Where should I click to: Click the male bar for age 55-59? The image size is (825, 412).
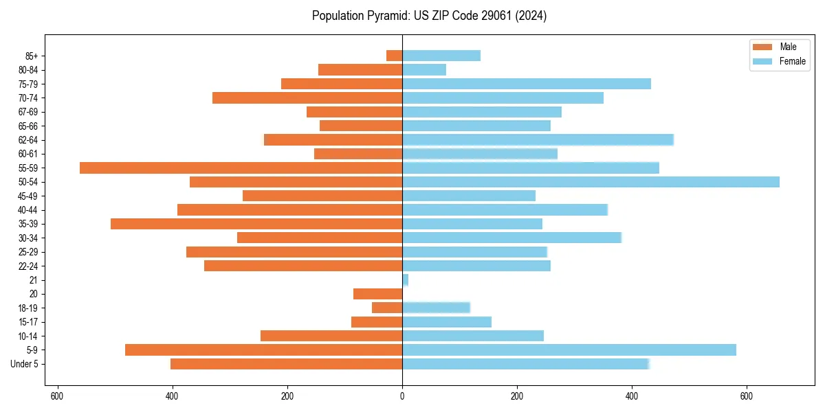tap(241, 168)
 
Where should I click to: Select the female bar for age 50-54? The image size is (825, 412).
tap(591, 182)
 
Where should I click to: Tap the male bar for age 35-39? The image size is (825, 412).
tap(256, 224)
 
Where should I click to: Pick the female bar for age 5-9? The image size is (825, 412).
tap(569, 350)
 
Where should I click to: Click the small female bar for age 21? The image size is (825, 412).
tap(406, 279)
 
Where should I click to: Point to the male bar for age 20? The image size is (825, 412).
tap(377, 294)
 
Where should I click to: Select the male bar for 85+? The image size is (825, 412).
tap(394, 56)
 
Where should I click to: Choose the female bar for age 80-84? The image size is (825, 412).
tap(423, 69)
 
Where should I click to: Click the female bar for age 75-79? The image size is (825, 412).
tap(526, 84)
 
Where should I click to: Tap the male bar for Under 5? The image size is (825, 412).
tap(286, 364)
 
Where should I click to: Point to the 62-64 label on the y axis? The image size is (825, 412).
tap(27, 140)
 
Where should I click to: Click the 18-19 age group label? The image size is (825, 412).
tap(27, 308)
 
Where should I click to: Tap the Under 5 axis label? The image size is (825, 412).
tap(24, 364)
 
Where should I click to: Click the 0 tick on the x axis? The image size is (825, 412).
tap(402, 396)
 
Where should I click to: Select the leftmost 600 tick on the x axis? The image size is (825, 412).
tap(57, 396)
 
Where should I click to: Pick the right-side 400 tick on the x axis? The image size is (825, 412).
tap(632, 396)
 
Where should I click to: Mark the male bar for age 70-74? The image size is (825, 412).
tap(307, 98)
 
